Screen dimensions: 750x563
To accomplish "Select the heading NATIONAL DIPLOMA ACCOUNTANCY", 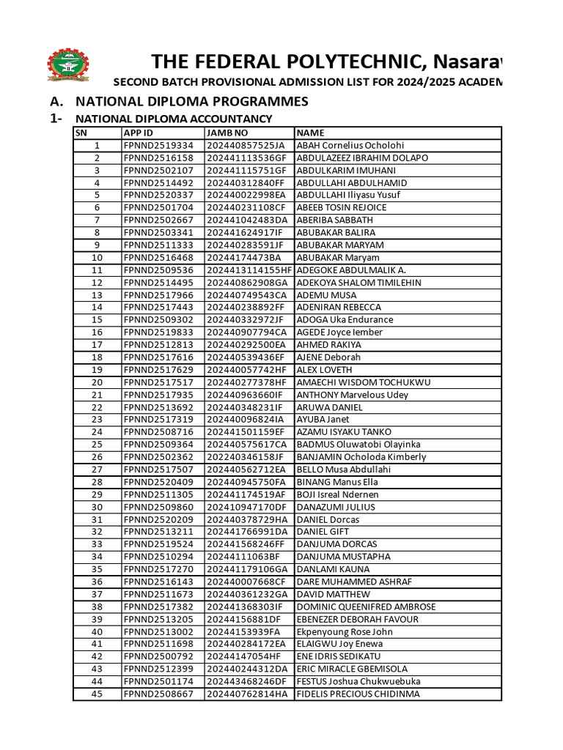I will pyautogui.click(x=174, y=119).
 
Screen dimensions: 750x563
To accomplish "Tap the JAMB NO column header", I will pyautogui.click(x=228, y=133).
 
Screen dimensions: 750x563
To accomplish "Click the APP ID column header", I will pyautogui.click(x=139, y=133).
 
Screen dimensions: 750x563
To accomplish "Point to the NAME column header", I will pyautogui.click(x=311, y=133).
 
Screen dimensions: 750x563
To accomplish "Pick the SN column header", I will pyautogui.click(x=81, y=133).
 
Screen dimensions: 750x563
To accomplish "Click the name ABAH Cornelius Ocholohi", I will pyautogui.click(x=350, y=146).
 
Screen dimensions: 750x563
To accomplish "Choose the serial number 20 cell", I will pyautogui.click(x=97, y=382).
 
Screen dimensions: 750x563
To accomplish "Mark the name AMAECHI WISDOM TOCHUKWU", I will pyautogui.click(x=363, y=382).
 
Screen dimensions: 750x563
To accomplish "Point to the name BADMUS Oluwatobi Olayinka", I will pyautogui.click(x=358, y=445).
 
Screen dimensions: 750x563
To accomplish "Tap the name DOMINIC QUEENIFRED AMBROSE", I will pyautogui.click(x=366, y=606).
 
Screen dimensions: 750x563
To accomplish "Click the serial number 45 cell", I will pyautogui.click(x=97, y=694).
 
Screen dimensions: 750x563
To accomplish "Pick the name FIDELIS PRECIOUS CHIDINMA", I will pyautogui.click(x=358, y=694).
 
